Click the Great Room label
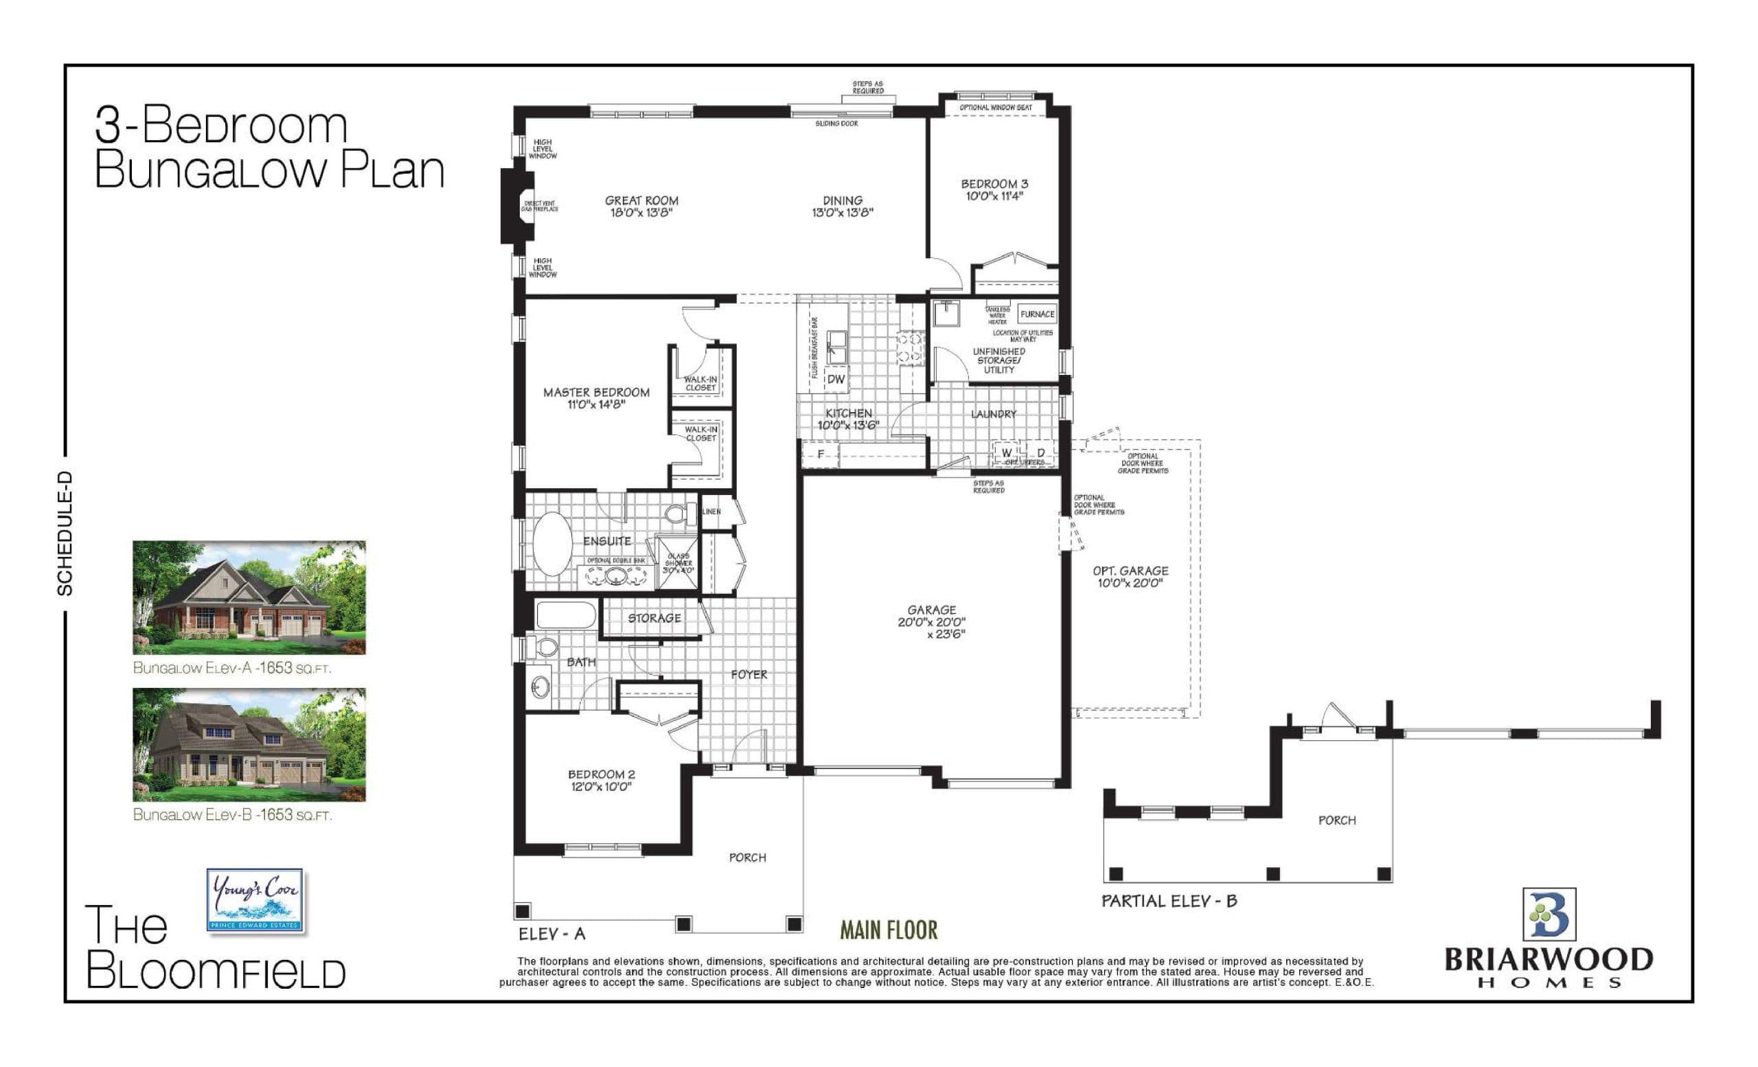pyautogui.click(x=641, y=200)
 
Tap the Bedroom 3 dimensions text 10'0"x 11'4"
pyautogui.click(x=994, y=196)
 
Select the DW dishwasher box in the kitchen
pyautogui.click(x=836, y=380)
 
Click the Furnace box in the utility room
pyautogui.click(x=1037, y=314)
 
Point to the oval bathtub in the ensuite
pyautogui.click(x=553, y=544)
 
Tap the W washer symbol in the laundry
pyautogui.click(x=1007, y=453)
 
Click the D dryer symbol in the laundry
pyautogui.click(x=1041, y=453)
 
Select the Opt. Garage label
pyautogui.click(x=1130, y=571)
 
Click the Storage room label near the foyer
pyautogui.click(x=654, y=619)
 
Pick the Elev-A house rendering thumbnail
pyautogui.click(x=249, y=597)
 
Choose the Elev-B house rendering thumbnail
pyautogui.click(x=249, y=744)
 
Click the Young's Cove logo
pyautogui.click(x=255, y=900)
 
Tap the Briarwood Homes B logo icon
pyautogui.click(x=1549, y=915)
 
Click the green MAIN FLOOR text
pyautogui.click(x=889, y=930)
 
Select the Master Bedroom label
pyautogui.click(x=597, y=392)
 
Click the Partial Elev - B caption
pyautogui.click(x=1169, y=902)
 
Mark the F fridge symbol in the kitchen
pyautogui.click(x=821, y=455)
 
